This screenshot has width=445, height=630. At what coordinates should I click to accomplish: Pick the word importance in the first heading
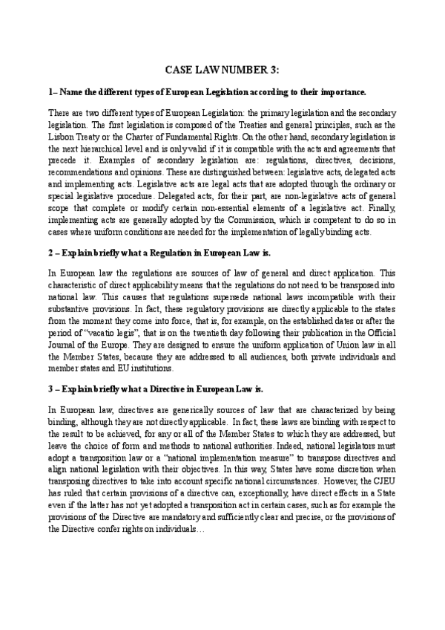pyautogui.click(x=339, y=92)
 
